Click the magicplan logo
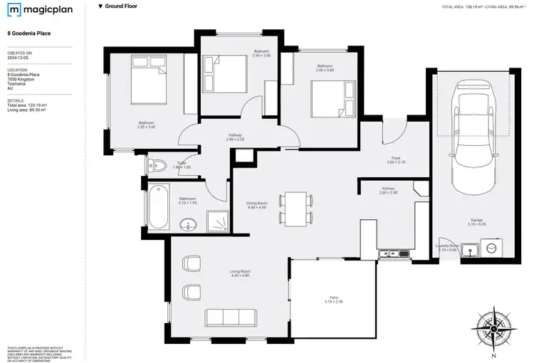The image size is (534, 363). [x=34, y=11]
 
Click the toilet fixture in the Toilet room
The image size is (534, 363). [x=158, y=167]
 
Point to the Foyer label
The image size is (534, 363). [x=396, y=159]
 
